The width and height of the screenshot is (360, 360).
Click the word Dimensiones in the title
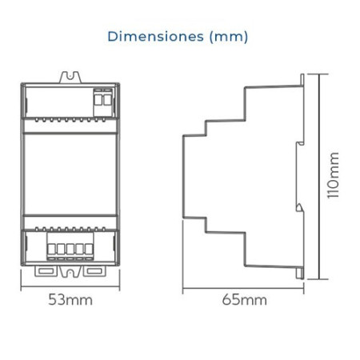pos(156,36)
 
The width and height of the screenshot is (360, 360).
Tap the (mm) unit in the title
pos(229,37)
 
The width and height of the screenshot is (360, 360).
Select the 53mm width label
pos(70,300)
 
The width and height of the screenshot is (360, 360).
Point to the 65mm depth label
pos(245,300)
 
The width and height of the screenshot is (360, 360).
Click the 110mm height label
pos(334,175)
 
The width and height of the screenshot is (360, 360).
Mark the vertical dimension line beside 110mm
pos(319,177)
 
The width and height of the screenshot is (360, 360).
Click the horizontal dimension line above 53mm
pos(70,287)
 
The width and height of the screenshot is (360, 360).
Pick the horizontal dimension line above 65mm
pos(243,288)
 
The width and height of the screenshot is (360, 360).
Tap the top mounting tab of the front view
pos(70,77)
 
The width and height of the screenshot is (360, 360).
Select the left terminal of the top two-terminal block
pos(98,99)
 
